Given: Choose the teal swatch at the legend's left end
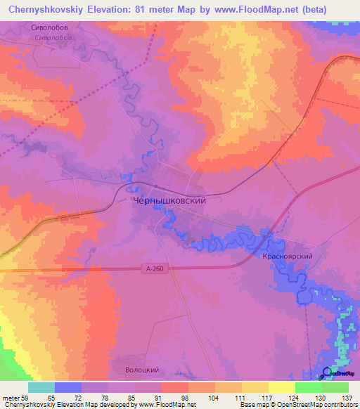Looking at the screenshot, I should click(x=41, y=387).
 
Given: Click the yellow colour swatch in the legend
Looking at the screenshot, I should click(x=281, y=387).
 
